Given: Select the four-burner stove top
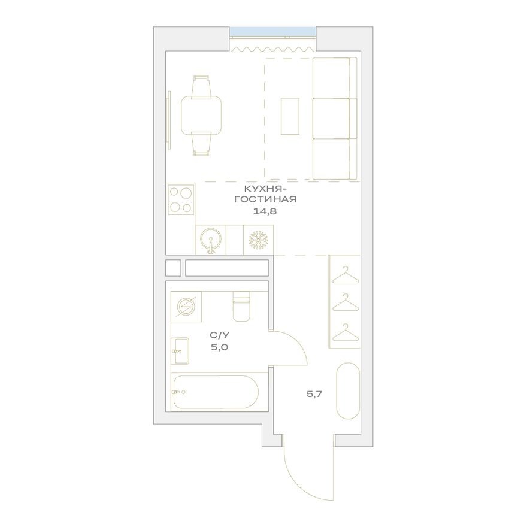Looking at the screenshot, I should pos(181,200).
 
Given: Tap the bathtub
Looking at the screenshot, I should pos(214,393).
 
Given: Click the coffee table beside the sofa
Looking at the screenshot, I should pos(292,116).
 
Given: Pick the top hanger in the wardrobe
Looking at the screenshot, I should pos(344,276).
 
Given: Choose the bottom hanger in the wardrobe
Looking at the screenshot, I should pos(344,332).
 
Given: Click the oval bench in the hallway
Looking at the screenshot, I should pos(347,390).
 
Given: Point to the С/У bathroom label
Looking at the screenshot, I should pos(217,336).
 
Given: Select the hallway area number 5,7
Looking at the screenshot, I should pos(314,393).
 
